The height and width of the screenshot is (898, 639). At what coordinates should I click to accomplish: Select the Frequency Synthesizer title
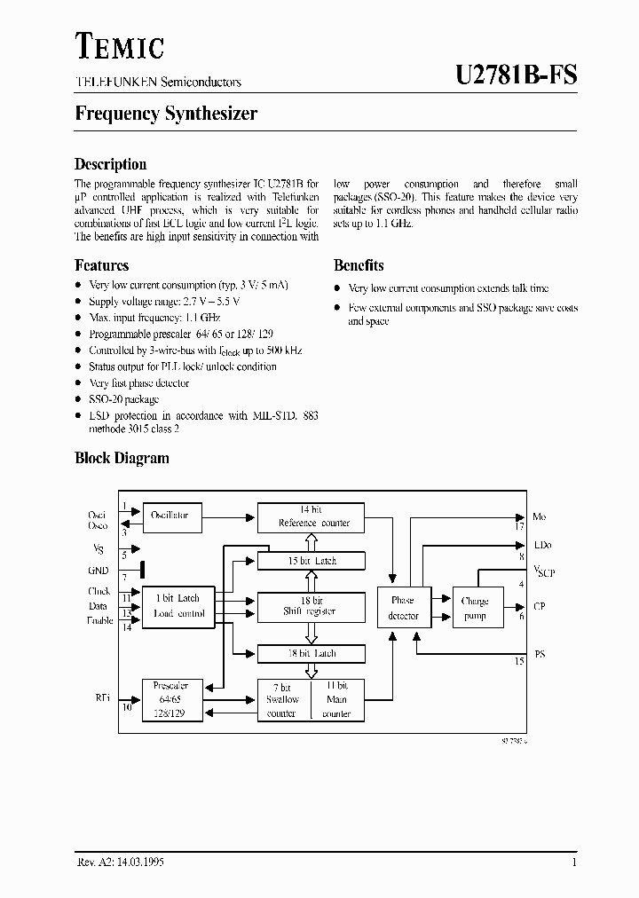point(166,114)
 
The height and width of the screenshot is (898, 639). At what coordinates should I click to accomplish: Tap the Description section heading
point(110,164)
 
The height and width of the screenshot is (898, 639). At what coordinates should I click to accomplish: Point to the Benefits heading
point(359,265)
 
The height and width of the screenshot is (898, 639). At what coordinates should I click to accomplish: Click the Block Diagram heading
point(122,459)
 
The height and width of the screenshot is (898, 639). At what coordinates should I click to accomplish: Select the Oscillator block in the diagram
point(171,516)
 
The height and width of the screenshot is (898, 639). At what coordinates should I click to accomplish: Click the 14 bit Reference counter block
point(311,516)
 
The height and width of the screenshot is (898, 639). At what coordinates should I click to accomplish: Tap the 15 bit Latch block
point(311,561)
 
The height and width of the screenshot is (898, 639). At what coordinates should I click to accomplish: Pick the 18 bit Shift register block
point(311,606)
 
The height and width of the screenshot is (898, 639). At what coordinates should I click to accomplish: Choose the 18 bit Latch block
point(311,653)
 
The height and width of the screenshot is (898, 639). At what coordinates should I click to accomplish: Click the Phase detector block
point(403,608)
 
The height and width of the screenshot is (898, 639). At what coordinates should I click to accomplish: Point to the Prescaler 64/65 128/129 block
point(171,699)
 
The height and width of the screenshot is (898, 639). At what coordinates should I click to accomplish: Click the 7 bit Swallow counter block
point(283,699)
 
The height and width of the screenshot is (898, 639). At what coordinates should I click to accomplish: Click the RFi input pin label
point(103,698)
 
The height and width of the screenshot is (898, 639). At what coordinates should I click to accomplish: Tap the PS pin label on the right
point(538,654)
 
